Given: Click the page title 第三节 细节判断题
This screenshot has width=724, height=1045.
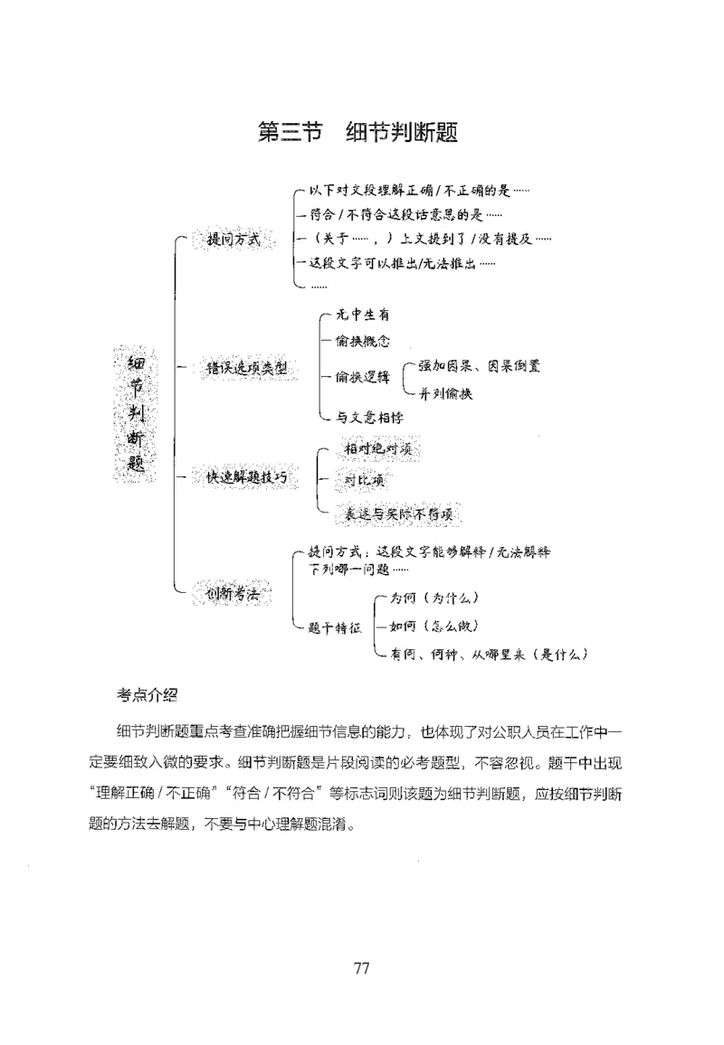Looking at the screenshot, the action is pyautogui.click(x=358, y=132).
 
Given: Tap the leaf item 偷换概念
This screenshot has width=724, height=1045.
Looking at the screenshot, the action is pyautogui.click(x=362, y=341).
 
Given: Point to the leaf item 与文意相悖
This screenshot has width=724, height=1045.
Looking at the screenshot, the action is pyautogui.click(x=369, y=417).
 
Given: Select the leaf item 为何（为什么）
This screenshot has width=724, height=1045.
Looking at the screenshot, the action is pyautogui.click(x=433, y=598).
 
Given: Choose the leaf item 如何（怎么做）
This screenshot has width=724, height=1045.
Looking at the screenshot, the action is pyautogui.click(x=433, y=626).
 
